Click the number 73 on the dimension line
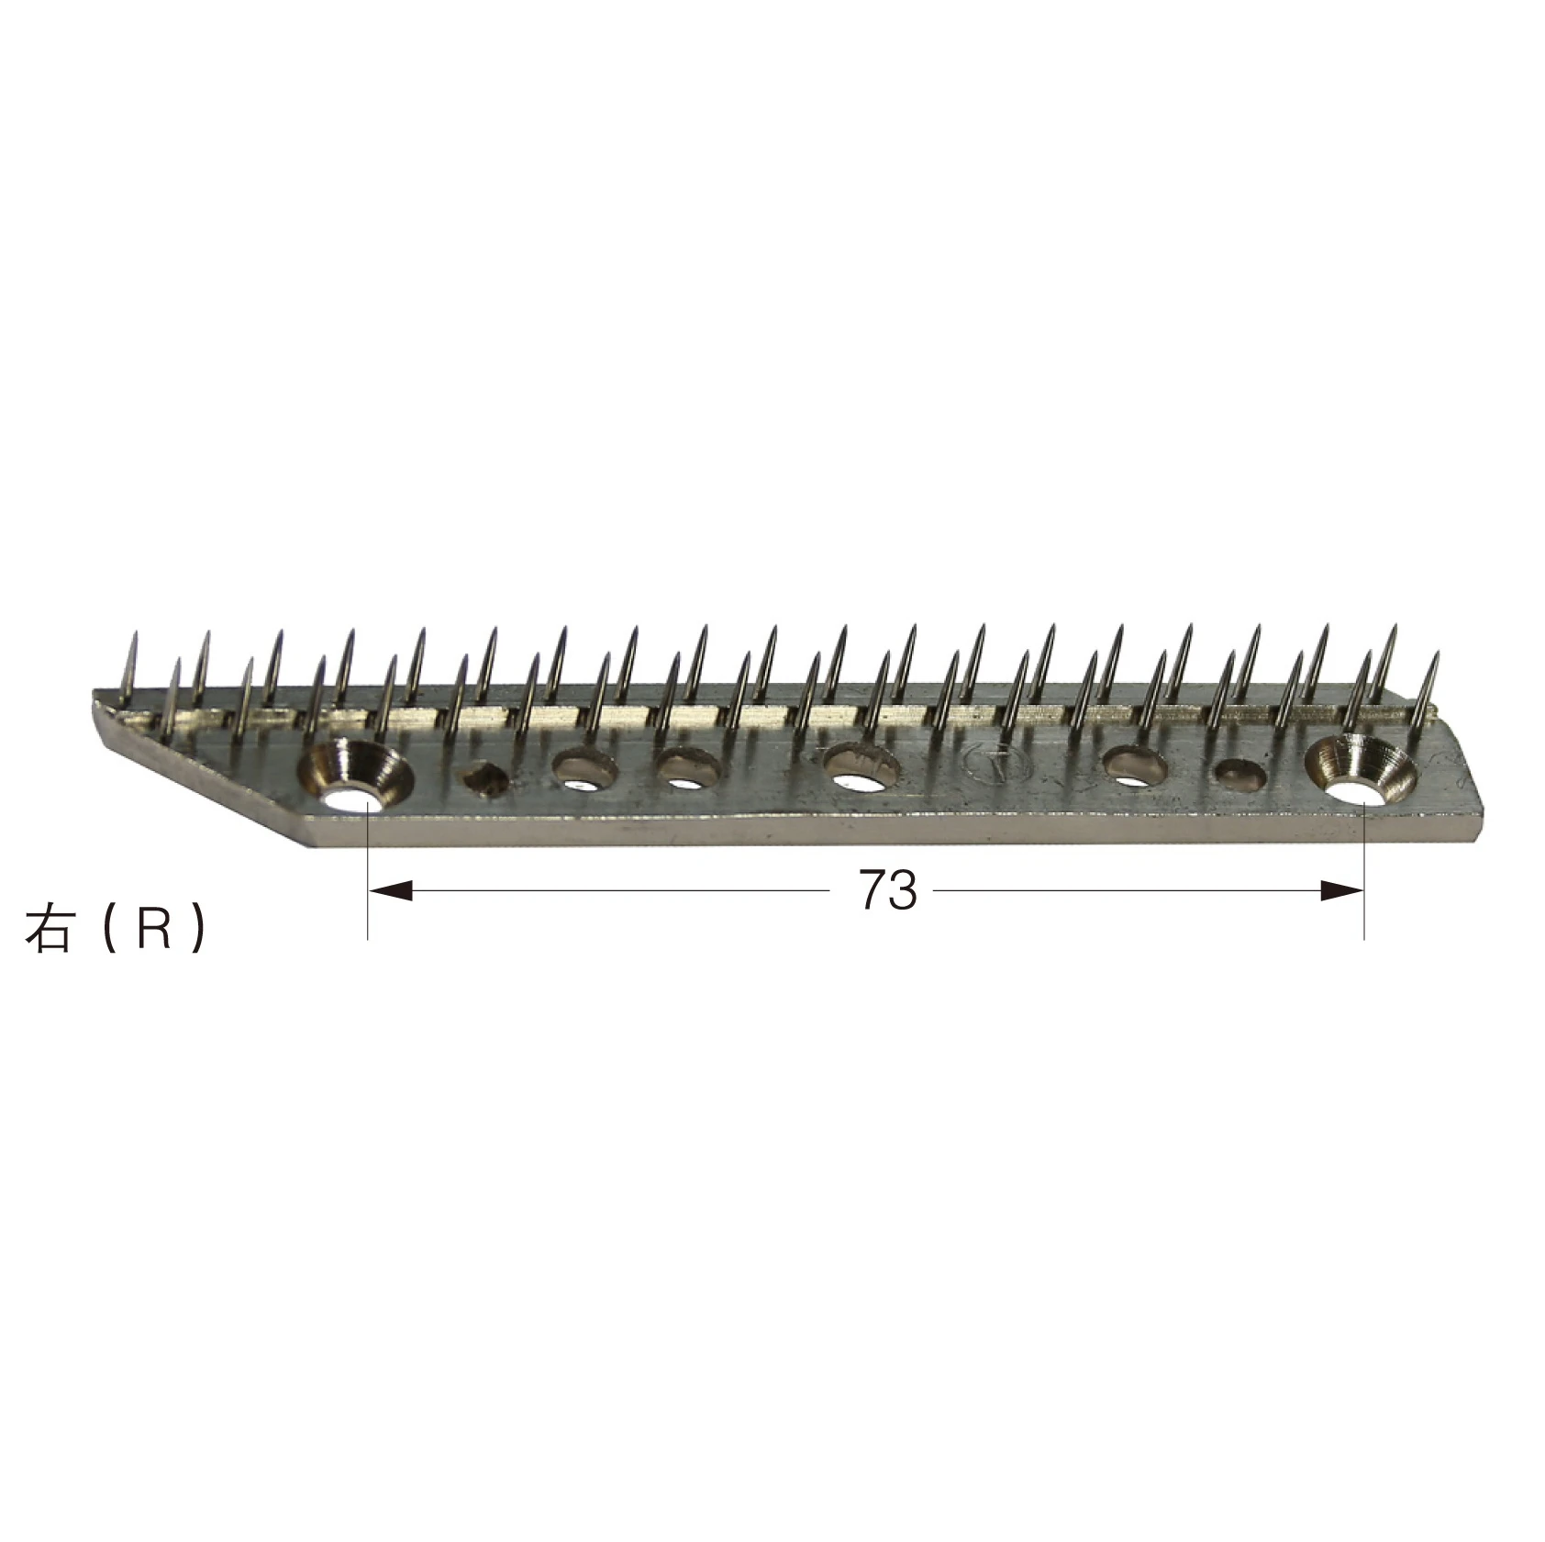888,889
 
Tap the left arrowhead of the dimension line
389,889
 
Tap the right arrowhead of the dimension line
1343,889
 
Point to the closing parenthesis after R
196,931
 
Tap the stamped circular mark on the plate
999,765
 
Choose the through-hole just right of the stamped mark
1135,766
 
